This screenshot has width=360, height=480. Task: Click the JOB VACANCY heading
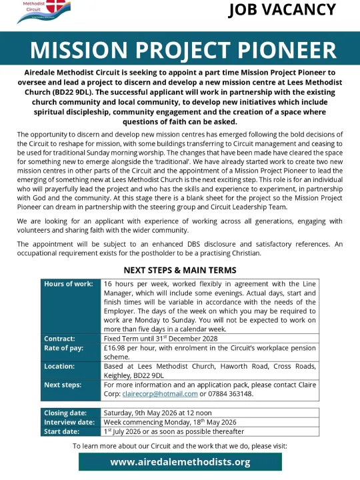coord(282,10)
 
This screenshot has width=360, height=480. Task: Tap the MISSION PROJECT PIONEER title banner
coord(180,51)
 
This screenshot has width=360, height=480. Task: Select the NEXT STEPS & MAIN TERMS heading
coord(180,270)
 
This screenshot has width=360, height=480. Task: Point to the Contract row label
coord(59,339)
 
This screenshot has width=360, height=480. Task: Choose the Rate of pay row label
coord(63,347)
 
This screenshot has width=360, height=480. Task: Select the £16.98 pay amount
coord(117,347)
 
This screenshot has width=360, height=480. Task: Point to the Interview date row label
coord(68,422)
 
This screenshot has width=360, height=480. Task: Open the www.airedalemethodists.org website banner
coord(180,461)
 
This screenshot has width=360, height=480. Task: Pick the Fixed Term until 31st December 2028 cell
coord(160,339)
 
